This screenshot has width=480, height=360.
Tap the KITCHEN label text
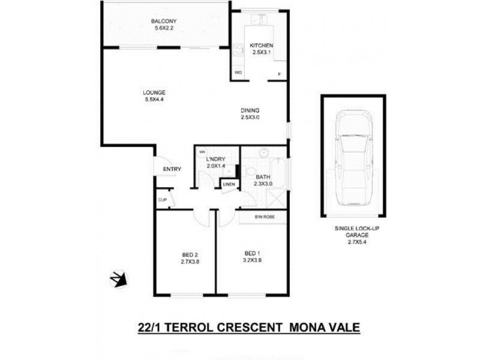262,46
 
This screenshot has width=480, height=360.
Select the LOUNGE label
154,92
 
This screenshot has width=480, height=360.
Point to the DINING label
250,110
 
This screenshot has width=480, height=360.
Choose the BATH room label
263,177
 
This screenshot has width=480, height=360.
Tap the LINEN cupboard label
229,184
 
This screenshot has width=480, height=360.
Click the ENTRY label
172,169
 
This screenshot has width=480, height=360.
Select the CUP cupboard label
162,200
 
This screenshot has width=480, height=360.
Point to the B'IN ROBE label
264,217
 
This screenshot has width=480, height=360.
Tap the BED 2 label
189,254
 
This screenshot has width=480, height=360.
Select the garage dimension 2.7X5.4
352,242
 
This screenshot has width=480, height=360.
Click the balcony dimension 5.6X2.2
163,28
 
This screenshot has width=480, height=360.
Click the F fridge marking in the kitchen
278,74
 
